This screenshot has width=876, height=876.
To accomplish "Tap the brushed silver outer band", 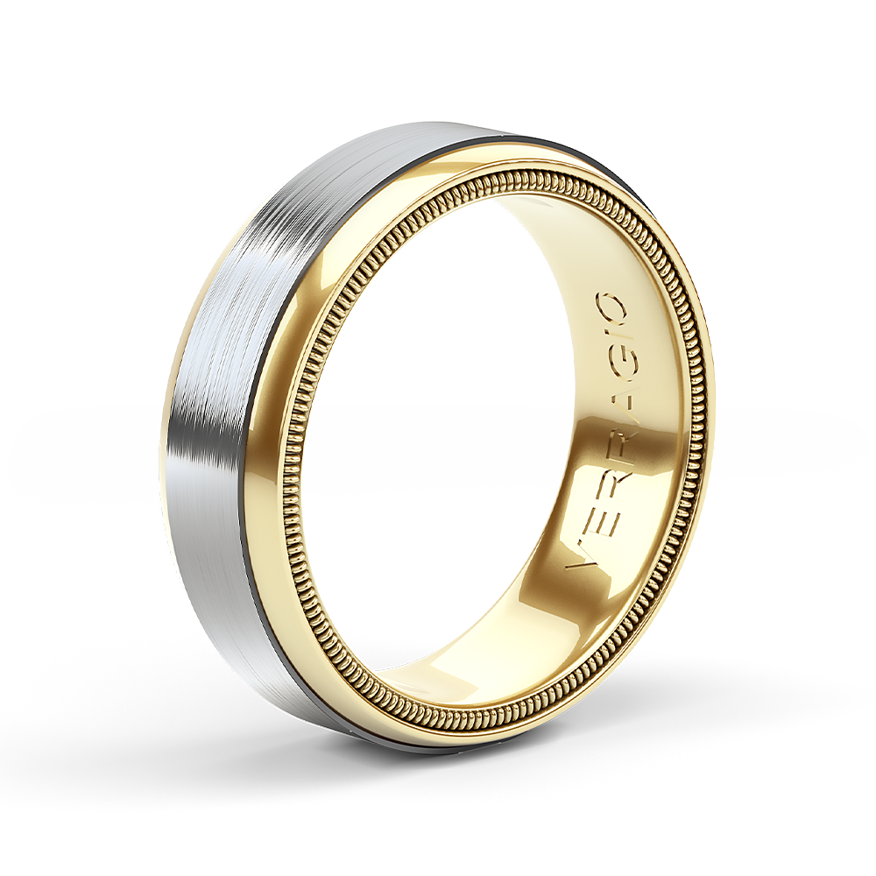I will click(219, 394).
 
